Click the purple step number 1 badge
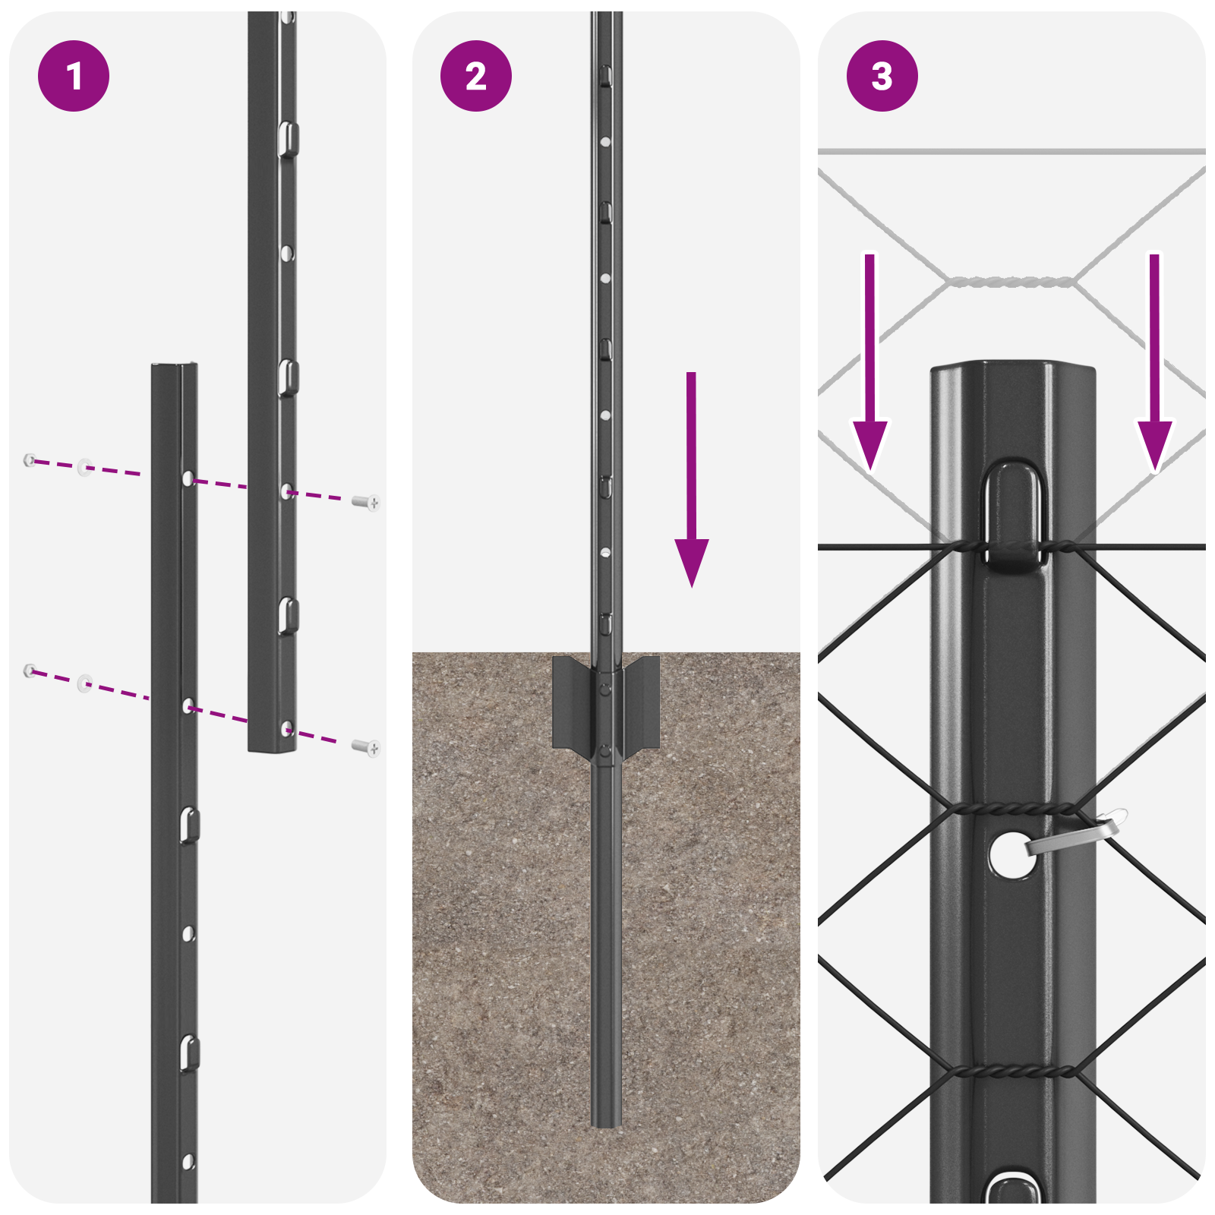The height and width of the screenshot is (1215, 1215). pyautogui.click(x=74, y=76)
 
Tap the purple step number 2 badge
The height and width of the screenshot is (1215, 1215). pyautogui.click(x=476, y=76)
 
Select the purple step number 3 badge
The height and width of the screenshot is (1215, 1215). pyautogui.click(x=882, y=76)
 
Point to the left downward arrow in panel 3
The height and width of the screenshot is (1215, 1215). pyautogui.click(x=870, y=364)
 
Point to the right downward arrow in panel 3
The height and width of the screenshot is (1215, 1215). pyautogui.click(x=1154, y=364)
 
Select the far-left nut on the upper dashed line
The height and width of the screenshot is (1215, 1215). pyautogui.click(x=30, y=459)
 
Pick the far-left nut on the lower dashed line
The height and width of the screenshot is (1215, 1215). pyautogui.click(x=30, y=670)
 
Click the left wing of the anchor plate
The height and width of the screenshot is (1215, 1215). pyautogui.click(x=571, y=702)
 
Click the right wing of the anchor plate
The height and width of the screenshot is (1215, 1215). pyautogui.click(x=642, y=702)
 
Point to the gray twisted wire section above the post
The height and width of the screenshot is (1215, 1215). pyautogui.click(x=1010, y=282)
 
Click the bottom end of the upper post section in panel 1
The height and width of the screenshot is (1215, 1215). pyautogui.click(x=272, y=748)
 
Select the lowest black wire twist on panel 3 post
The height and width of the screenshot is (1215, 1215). pyautogui.click(x=1014, y=1071)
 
